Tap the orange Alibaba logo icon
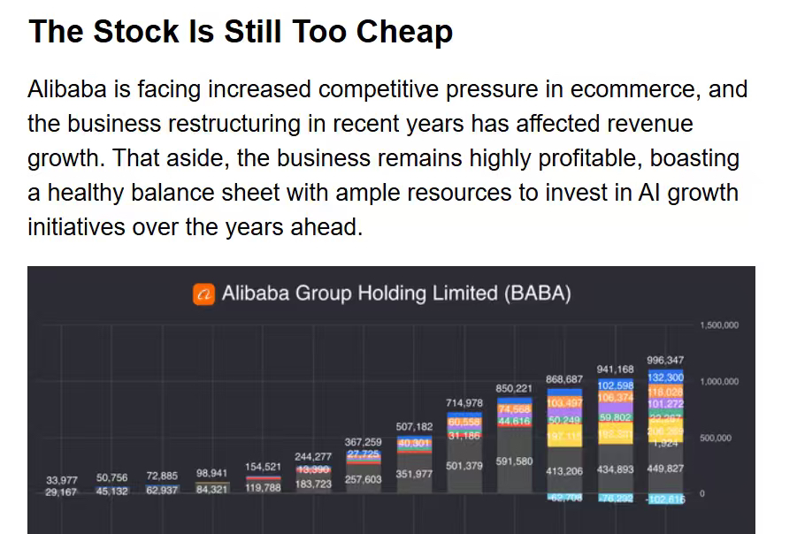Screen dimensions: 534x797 (x=203, y=294)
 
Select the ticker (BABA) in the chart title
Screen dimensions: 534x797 (x=536, y=294)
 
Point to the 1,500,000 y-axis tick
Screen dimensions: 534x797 (x=718, y=325)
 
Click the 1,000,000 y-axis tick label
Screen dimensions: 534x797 (x=718, y=382)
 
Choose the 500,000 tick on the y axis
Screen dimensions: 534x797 (x=715, y=439)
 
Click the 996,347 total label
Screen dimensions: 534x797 (x=665, y=360)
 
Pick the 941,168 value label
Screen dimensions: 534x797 (x=615, y=370)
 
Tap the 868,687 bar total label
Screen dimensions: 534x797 (x=564, y=378)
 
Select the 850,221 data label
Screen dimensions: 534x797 (x=514, y=388)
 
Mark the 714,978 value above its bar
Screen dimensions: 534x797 (x=464, y=403)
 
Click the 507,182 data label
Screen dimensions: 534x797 (x=414, y=426)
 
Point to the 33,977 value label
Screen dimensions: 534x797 (x=62, y=480)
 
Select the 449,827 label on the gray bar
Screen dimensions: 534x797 (x=665, y=469)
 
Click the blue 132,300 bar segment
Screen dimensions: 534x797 (x=665, y=378)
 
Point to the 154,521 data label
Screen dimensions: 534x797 (x=263, y=467)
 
